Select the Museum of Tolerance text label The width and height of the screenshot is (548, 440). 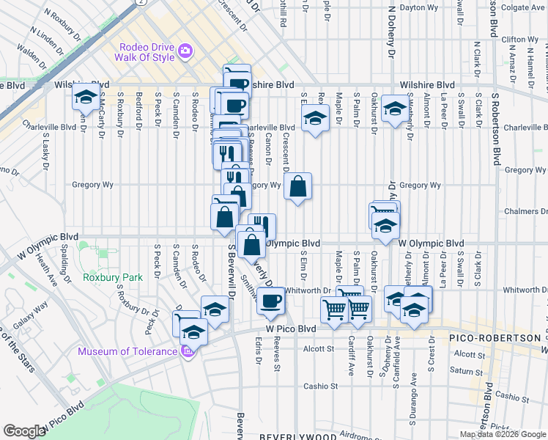pos(128,351)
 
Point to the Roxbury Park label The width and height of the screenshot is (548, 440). pos(112,278)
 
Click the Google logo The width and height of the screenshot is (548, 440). pos(24,431)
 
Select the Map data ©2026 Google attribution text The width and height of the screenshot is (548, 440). pos(503,434)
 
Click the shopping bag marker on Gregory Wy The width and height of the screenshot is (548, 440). pos(297,187)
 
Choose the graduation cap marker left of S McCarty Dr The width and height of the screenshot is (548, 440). pos(86,97)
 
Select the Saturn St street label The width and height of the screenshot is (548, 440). pos(467,371)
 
